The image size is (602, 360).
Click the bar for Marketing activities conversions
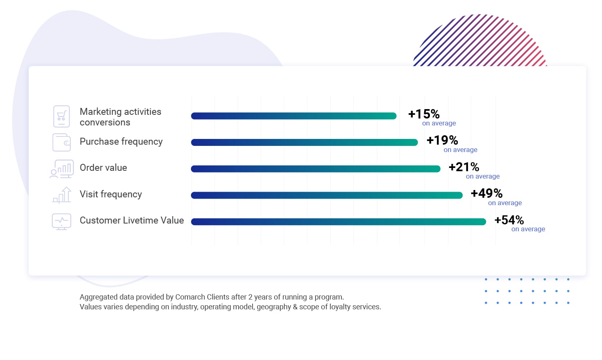coord(293,116)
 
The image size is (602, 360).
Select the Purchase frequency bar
coord(304,142)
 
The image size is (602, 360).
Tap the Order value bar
coord(316,169)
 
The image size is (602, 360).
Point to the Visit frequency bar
coord(327,195)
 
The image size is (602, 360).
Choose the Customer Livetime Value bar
coord(338,221)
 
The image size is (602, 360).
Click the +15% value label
coord(424,114)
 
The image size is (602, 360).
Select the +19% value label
coord(442,141)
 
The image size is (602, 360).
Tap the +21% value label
coord(464,167)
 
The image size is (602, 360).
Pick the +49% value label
coord(486,193)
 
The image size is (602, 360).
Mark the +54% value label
coord(509,220)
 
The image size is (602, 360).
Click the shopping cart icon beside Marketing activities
coord(62,116)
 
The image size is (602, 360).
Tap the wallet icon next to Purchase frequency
coord(62,143)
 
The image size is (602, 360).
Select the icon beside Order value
coord(62,169)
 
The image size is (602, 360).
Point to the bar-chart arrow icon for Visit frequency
coord(62,195)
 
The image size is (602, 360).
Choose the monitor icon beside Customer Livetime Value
coord(62,221)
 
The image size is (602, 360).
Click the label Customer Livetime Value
coord(132,221)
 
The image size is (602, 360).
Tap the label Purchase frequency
coord(121,142)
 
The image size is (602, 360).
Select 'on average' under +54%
coord(528,229)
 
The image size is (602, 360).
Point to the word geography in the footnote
coord(273,307)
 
